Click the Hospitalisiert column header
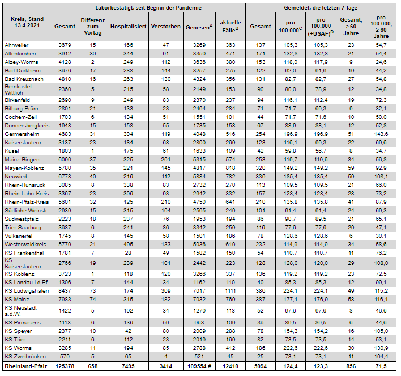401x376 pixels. click(129, 27)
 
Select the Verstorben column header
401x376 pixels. click(166, 27)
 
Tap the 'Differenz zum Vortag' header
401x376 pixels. click(92, 27)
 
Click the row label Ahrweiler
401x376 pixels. click(16, 44)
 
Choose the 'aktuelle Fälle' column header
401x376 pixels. click(230, 27)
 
